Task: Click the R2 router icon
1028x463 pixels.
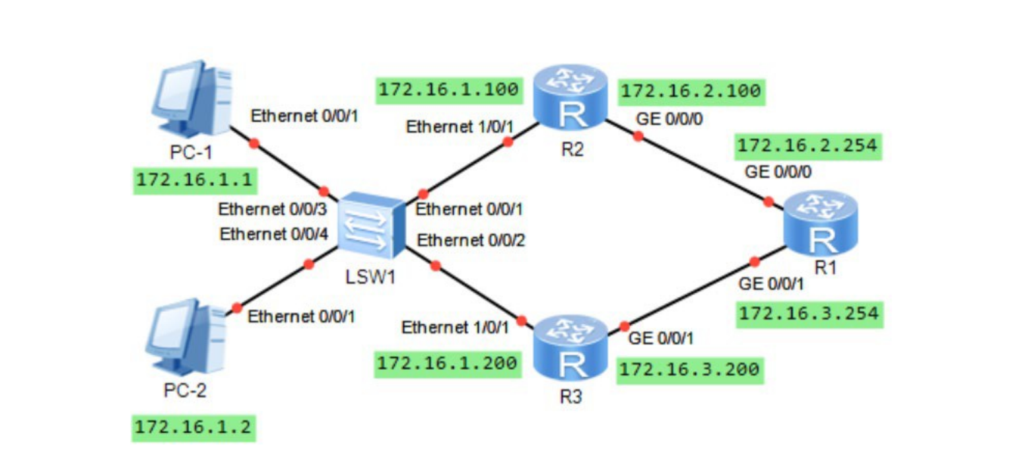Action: (570, 96)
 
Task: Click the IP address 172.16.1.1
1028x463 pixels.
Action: (194, 180)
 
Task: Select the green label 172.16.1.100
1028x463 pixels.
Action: (446, 90)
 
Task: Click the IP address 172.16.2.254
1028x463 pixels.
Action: (809, 146)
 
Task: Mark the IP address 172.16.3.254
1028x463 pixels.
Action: (809, 314)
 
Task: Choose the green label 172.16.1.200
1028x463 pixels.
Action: (446, 363)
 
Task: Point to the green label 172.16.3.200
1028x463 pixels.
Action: (692, 371)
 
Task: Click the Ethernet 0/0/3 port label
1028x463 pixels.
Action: (273, 209)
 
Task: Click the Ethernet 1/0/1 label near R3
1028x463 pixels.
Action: (456, 327)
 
